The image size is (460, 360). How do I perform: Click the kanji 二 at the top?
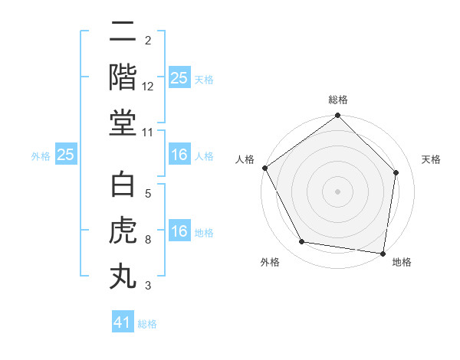pyautogui.click(x=123, y=34)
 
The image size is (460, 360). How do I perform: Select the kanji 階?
pyautogui.click(x=123, y=77)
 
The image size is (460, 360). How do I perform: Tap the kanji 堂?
pyautogui.click(x=123, y=123)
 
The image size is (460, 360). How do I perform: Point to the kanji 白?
pyautogui.click(x=123, y=186)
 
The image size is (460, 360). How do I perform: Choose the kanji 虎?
pyautogui.click(x=123, y=231)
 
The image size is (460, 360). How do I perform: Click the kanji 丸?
pyautogui.click(x=123, y=276)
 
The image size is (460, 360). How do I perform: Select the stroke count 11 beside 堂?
pyautogui.click(x=149, y=133)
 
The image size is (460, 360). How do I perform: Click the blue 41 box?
pyautogui.click(x=123, y=322)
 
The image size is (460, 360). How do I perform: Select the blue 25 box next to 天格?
pyautogui.click(x=179, y=78)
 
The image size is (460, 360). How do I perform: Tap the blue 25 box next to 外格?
pyautogui.click(x=65, y=155)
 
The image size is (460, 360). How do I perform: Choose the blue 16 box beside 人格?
pyautogui.click(x=179, y=155)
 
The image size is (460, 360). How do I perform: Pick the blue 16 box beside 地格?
pyautogui.click(x=179, y=231)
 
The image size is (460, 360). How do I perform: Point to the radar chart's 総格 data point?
pyautogui.click(x=337, y=116)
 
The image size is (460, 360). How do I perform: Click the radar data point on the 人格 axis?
pyautogui.click(x=264, y=168)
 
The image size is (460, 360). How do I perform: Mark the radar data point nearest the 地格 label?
pyautogui.click(x=383, y=253)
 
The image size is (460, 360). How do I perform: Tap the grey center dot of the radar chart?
pyautogui.click(x=337, y=191)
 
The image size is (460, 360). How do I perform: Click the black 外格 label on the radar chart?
pyautogui.click(x=270, y=263)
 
